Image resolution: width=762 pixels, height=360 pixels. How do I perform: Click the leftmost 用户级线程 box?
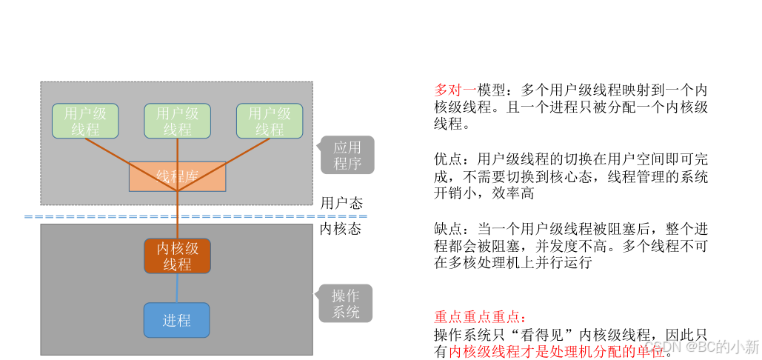point(85,121)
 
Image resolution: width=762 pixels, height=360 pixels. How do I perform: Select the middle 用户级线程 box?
point(177,121)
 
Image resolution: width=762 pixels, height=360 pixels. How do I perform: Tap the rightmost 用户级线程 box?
point(269,121)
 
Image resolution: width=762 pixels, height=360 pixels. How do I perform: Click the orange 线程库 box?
point(177,176)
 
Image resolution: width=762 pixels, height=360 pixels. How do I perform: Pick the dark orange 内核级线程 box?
point(177,256)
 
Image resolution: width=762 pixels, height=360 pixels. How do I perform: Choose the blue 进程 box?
point(176,320)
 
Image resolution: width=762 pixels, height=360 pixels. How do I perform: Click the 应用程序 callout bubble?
point(347,155)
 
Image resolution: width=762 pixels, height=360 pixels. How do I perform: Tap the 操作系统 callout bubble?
point(346,304)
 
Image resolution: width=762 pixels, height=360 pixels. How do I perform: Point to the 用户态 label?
point(341,203)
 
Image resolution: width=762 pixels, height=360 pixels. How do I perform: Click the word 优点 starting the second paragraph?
point(449,159)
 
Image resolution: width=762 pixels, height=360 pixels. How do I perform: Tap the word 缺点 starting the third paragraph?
point(449,228)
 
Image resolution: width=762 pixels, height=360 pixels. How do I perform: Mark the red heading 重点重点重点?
point(479,317)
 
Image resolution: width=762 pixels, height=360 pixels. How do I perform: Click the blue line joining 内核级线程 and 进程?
point(177,288)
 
